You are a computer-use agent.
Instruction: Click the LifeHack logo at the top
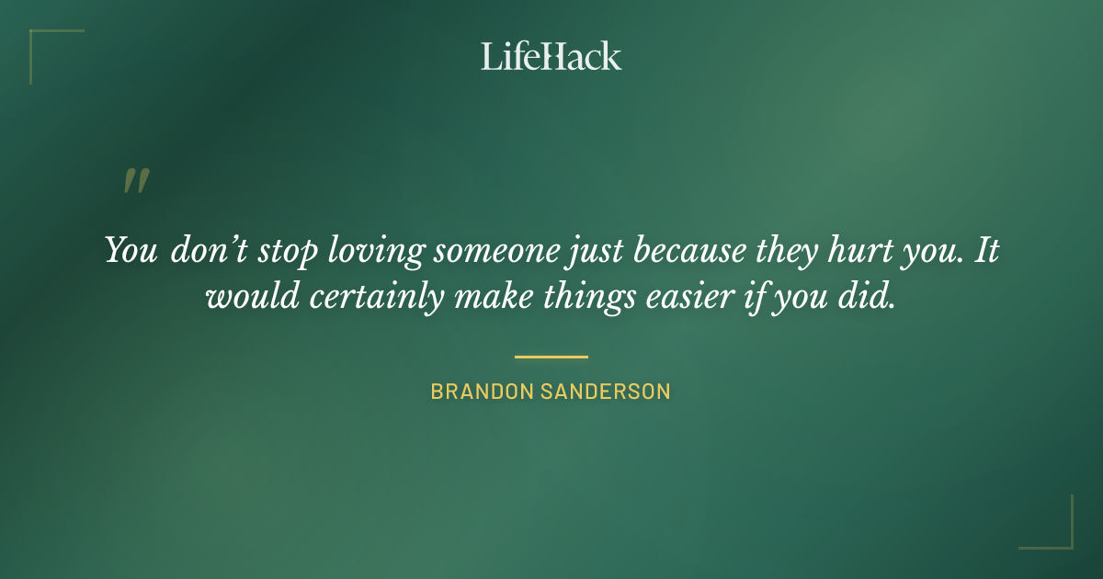point(551,56)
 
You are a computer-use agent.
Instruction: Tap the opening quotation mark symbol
point(136,181)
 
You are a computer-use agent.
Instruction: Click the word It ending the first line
point(985,251)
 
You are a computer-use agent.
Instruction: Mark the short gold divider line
point(551,357)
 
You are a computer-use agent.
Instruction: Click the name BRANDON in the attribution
point(482,392)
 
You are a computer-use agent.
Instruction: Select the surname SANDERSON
point(607,392)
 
